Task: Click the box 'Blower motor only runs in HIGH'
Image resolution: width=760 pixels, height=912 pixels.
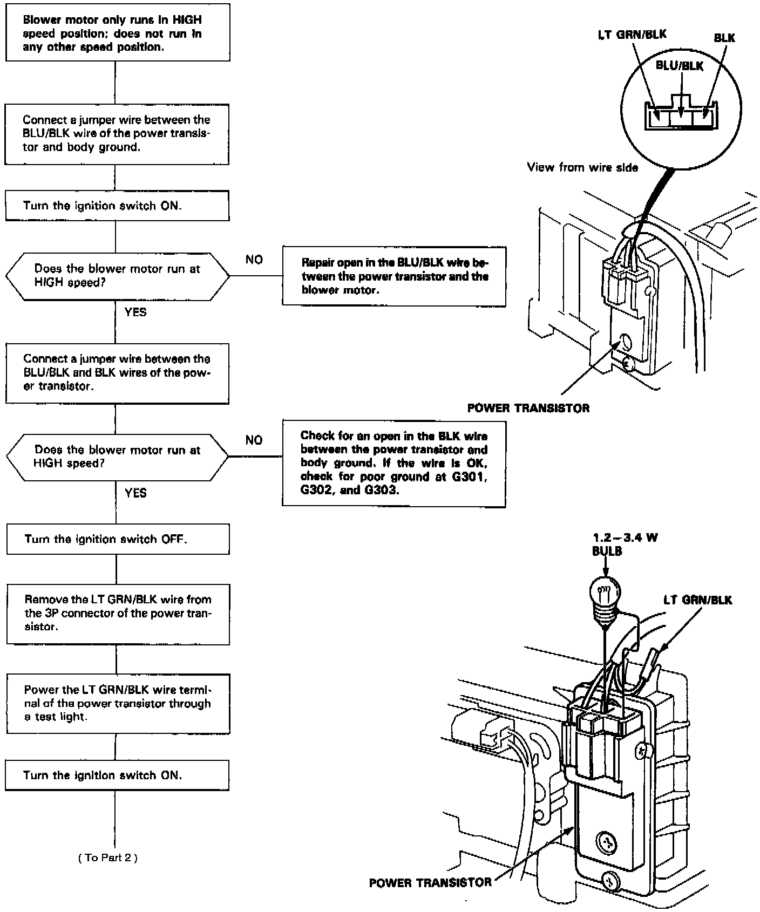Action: (x=118, y=33)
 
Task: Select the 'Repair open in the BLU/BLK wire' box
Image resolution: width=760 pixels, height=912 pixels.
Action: (x=394, y=276)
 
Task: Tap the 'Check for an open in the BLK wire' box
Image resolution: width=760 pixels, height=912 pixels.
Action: (x=394, y=463)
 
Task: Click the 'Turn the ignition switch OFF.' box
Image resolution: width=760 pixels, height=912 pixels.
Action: (x=118, y=539)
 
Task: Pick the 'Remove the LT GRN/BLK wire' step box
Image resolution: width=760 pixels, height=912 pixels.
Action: (x=118, y=614)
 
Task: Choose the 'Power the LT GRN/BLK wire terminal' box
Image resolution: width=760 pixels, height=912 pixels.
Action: (x=118, y=704)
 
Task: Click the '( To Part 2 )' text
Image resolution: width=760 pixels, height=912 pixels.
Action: (x=108, y=857)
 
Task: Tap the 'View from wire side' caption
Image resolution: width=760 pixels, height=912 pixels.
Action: (x=582, y=168)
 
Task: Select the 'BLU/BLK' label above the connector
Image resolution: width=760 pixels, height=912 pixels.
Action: (x=680, y=66)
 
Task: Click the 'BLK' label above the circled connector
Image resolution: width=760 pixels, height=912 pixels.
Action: (x=724, y=38)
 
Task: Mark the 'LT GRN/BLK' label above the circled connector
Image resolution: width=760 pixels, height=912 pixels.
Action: (x=632, y=35)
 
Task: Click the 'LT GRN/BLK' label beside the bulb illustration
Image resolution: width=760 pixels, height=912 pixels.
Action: (x=698, y=600)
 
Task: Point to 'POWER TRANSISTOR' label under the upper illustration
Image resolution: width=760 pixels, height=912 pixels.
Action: (x=528, y=408)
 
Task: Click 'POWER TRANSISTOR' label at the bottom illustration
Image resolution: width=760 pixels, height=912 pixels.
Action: (x=430, y=883)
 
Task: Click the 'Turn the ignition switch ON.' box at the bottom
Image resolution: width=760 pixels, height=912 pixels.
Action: (x=118, y=775)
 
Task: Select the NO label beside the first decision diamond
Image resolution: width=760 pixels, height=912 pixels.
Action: (x=254, y=260)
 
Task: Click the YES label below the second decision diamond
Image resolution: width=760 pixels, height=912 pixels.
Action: (x=135, y=493)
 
